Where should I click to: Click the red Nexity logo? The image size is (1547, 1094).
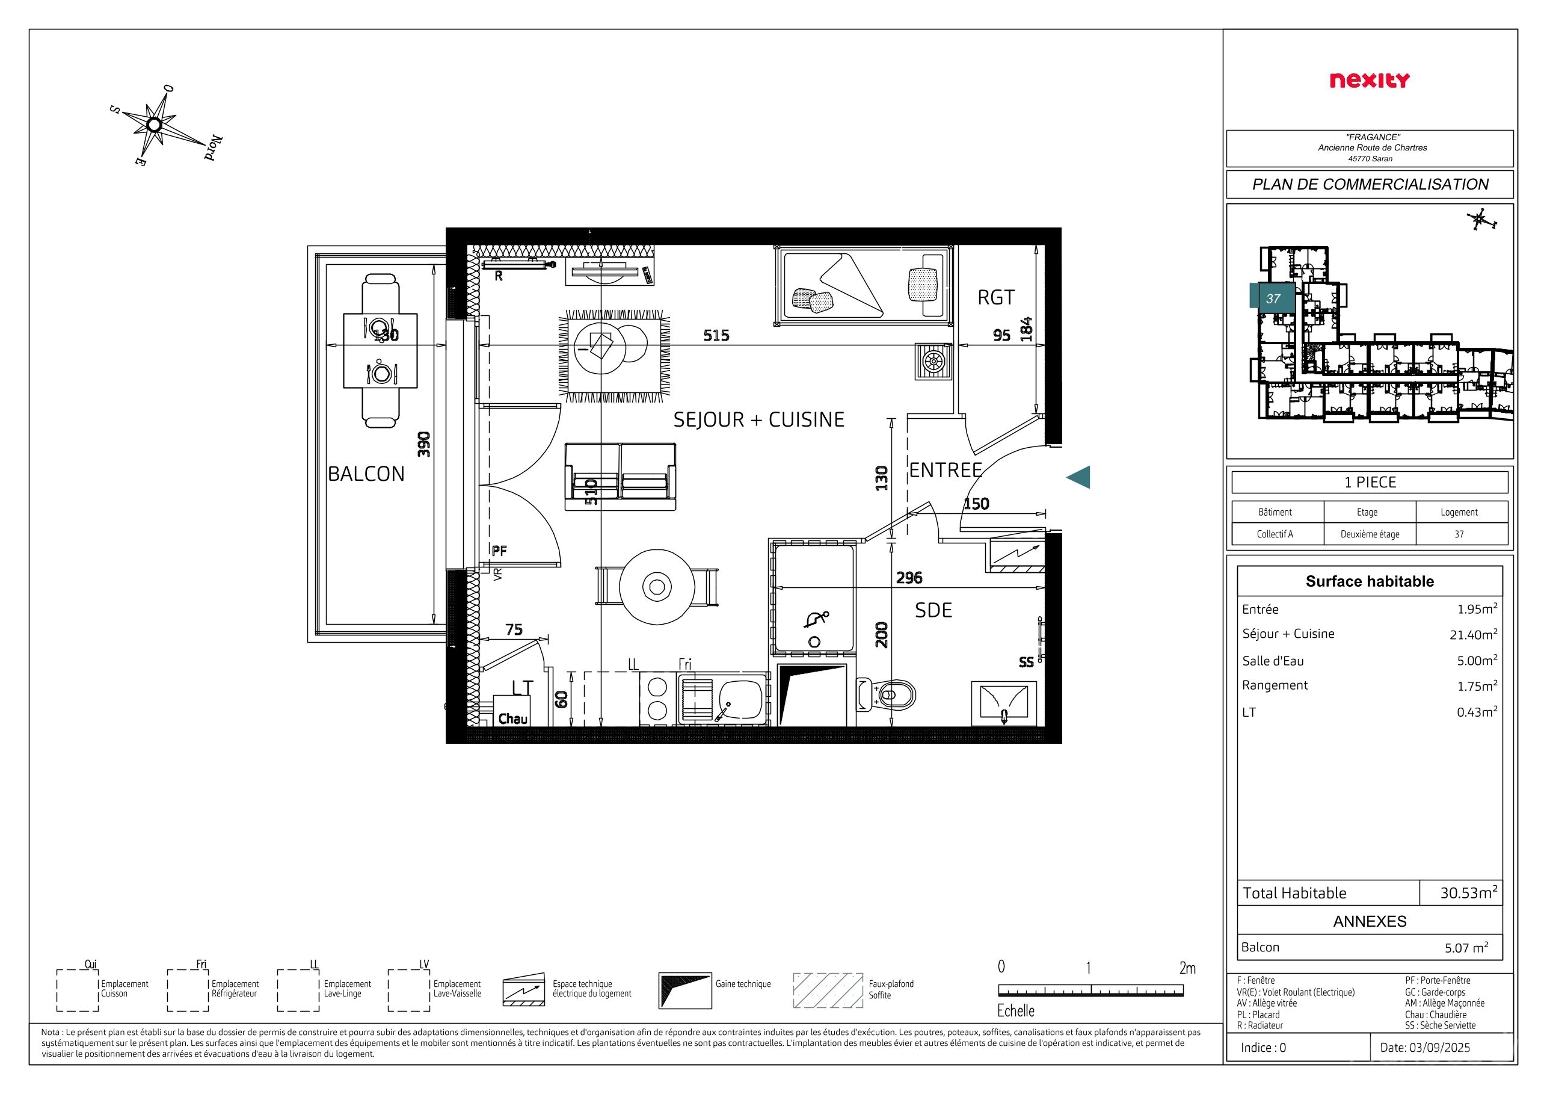coord(1369,80)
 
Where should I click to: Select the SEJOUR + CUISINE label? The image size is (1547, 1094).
coord(758,419)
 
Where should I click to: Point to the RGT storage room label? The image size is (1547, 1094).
coord(996,297)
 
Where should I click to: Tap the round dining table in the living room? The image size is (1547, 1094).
coord(656,587)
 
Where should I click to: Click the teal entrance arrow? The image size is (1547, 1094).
coord(1078,477)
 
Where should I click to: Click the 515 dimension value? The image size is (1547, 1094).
coord(716,335)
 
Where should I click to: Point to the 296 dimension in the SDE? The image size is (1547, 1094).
coord(909,578)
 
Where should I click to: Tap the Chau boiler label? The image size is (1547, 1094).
coord(512,719)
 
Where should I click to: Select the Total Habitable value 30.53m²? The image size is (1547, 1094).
coord(1469,892)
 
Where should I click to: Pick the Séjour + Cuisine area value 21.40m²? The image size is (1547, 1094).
coord(1474,634)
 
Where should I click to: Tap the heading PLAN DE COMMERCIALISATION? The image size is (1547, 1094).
coord(1370,184)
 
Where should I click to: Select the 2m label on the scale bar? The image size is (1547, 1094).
coord(1187,969)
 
